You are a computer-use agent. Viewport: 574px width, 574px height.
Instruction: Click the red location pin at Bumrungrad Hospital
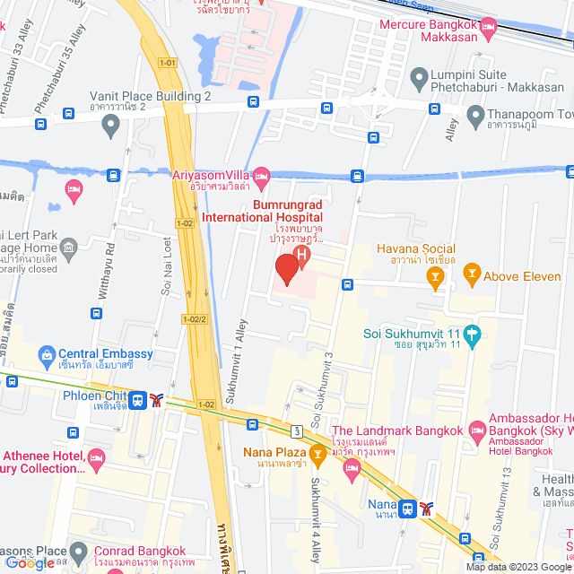tap(286, 269)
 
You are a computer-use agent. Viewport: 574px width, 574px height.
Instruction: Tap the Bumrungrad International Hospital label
tap(261, 211)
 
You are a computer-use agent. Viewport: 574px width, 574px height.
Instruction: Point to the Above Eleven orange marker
tap(471, 276)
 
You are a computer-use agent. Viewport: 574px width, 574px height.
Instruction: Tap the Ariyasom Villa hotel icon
tap(261, 174)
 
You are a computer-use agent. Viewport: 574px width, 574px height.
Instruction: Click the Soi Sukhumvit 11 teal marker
tap(473, 335)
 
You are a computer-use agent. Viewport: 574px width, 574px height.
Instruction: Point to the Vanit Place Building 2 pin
tap(110, 126)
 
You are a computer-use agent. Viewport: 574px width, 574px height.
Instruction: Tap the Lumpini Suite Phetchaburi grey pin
tap(417, 77)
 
